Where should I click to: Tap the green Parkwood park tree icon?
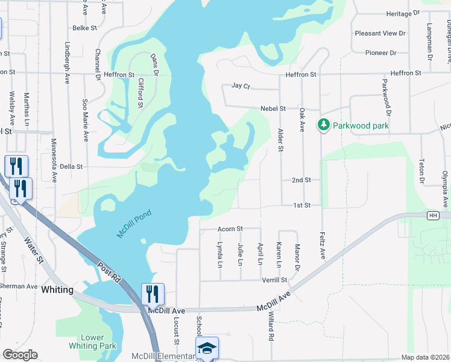[324, 124]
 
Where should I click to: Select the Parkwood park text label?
[362, 126]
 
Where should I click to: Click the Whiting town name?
[57, 290]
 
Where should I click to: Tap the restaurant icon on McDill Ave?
[153, 294]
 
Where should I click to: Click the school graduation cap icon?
[207, 348]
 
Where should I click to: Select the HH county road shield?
[432, 215]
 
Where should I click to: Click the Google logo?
[20, 355]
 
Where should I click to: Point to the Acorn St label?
[230, 229]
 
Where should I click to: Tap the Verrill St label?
[274, 280]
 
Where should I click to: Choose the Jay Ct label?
[240, 86]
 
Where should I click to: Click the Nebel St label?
[273, 109]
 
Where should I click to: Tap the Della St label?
[71, 166]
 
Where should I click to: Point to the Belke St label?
[84, 28]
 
